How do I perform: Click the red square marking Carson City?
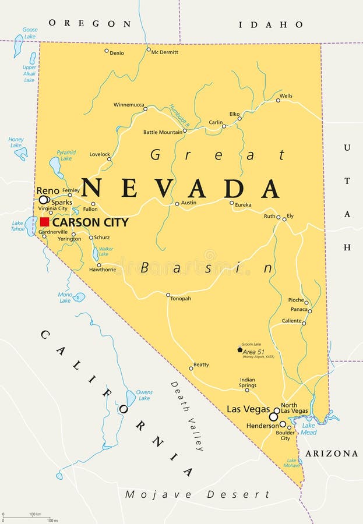pyautogui.click(x=44, y=222)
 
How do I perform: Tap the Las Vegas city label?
pyautogui.click(x=248, y=409)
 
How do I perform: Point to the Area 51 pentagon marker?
pyautogui.click(x=239, y=349)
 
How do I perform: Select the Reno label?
pyautogui.click(x=48, y=190)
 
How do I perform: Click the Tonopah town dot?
pyautogui.click(x=168, y=295)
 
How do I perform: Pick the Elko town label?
pyautogui.click(x=234, y=114)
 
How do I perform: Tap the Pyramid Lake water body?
pyautogui.click(x=56, y=168)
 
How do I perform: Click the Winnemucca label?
pyautogui.click(x=128, y=105)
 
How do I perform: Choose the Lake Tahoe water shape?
pyautogui.click(x=31, y=226)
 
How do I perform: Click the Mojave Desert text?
pyautogui.click(x=197, y=494)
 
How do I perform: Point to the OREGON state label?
pyautogui.click(x=90, y=23)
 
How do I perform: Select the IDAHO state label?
pyautogui.click(x=271, y=24)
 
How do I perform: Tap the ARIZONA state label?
pyautogui.click(x=331, y=453)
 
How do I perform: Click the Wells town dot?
pyautogui.click(x=278, y=100)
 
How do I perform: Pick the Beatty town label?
pyautogui.click(x=201, y=364)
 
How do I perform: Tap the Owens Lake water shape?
pyautogui.click(x=131, y=398)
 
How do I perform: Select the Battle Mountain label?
pyautogui.click(x=162, y=132)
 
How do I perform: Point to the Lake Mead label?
pyautogui.click(x=309, y=429)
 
